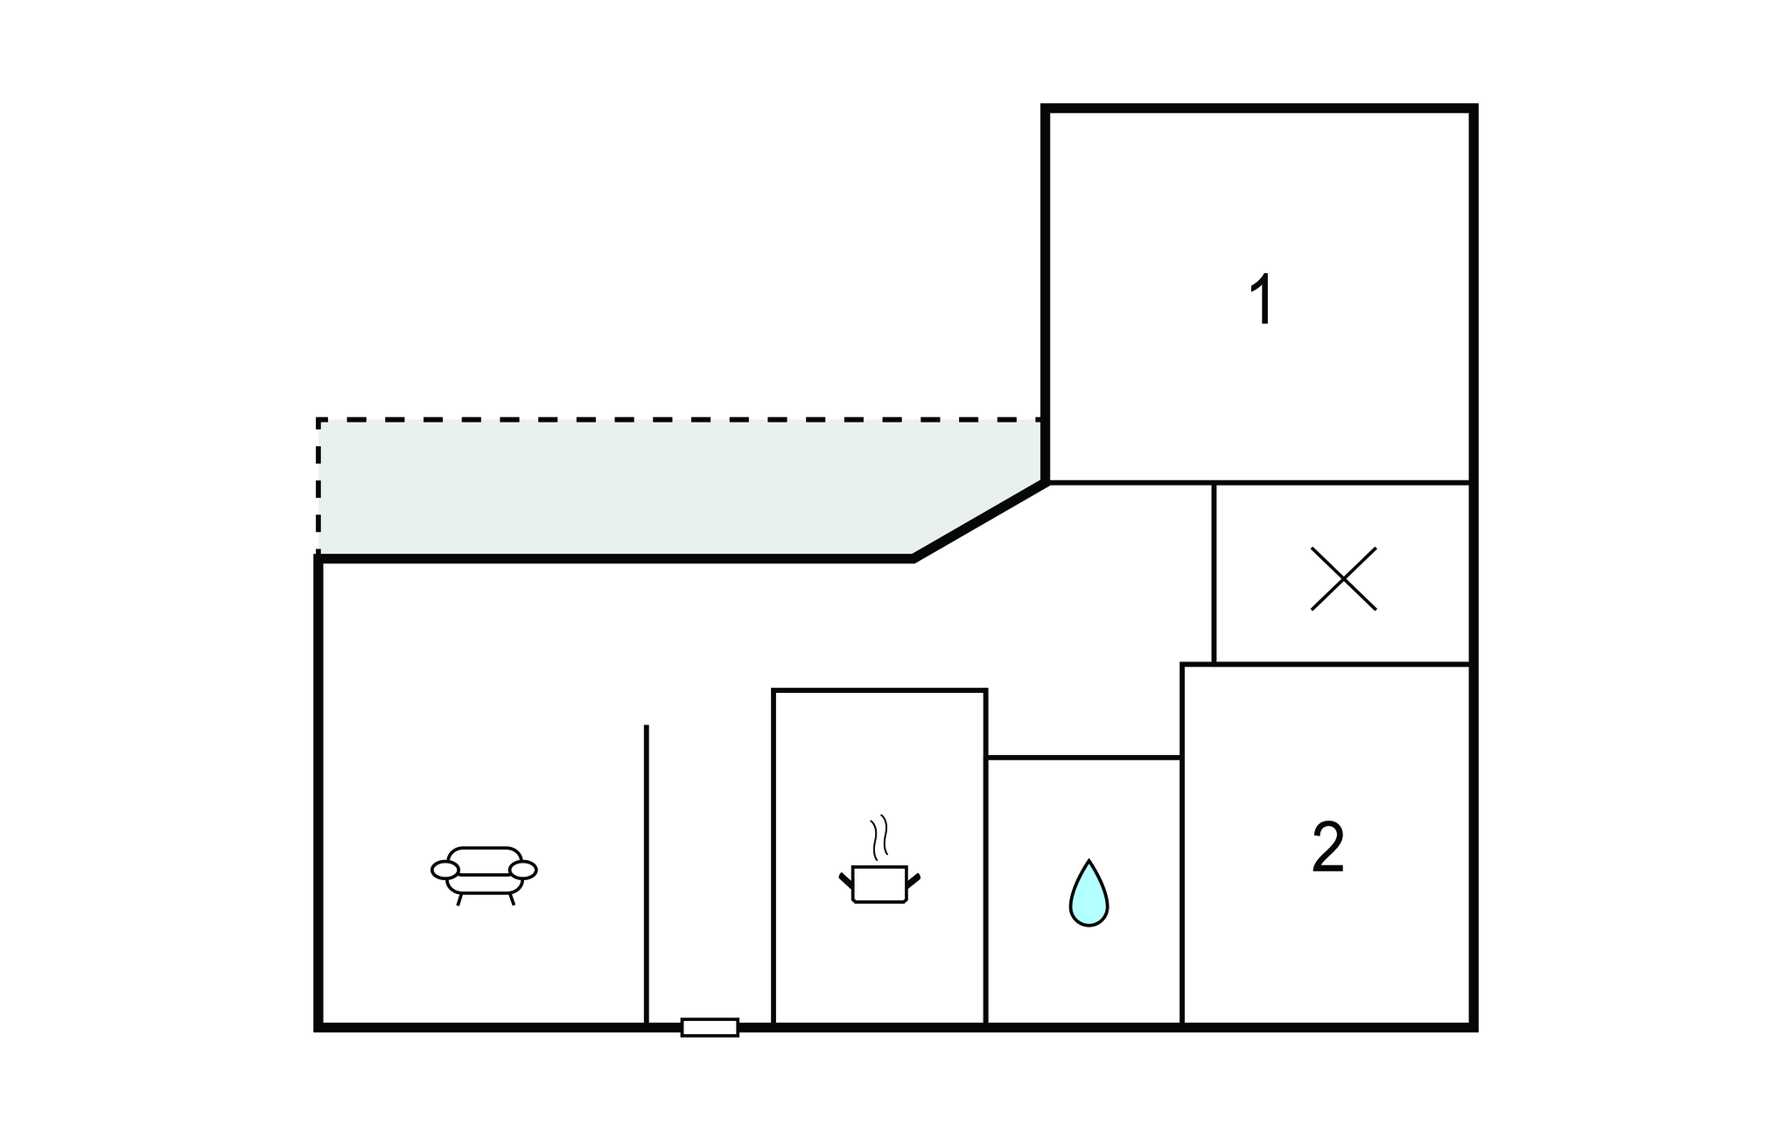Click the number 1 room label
(x=1262, y=300)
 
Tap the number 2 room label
(x=1328, y=847)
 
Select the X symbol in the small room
(x=1343, y=578)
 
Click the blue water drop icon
(x=1088, y=893)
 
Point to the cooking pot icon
(x=879, y=884)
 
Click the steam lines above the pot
(x=879, y=836)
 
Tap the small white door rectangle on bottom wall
(x=710, y=1027)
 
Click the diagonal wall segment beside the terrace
(x=979, y=520)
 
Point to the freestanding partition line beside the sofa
(x=647, y=874)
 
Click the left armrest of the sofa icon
(x=444, y=870)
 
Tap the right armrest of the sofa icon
(x=523, y=870)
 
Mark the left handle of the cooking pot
(x=845, y=880)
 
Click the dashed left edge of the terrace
(x=318, y=486)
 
